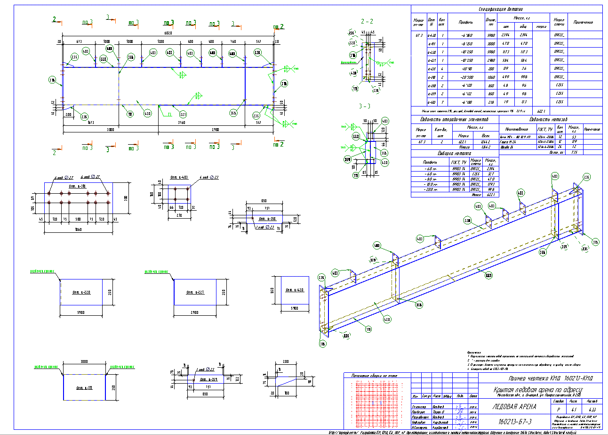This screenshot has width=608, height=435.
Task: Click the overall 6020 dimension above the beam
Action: [168, 33]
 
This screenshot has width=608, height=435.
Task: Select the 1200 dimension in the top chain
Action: [161, 41]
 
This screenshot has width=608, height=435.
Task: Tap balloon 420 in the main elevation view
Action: [147, 114]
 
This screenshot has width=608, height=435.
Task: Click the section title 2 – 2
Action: [367, 22]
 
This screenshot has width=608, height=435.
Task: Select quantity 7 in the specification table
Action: [441, 102]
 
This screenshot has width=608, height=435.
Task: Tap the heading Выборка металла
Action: [454, 153]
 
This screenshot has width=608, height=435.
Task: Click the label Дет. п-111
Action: [84, 388]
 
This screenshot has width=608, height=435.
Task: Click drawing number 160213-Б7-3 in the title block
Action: [515, 421]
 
